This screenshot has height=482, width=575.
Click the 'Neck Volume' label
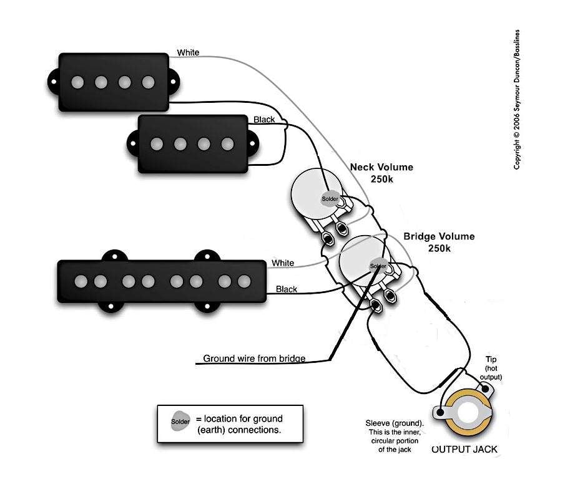[381, 167]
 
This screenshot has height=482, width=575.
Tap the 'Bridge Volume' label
[439, 236]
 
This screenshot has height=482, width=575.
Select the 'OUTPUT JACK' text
[464, 450]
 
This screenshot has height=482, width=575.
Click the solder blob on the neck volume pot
[330, 199]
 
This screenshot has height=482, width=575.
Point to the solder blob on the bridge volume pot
[378, 266]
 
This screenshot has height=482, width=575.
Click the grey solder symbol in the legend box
[180, 422]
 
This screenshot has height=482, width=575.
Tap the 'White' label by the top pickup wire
[188, 53]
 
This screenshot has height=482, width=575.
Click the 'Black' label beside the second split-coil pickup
[264, 120]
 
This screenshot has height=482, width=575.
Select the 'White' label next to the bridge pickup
[283, 263]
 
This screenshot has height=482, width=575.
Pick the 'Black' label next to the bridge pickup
[287, 289]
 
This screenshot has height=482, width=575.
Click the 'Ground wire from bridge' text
[254, 358]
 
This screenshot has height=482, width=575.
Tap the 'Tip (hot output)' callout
[491, 368]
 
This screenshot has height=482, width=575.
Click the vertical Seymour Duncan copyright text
[516, 99]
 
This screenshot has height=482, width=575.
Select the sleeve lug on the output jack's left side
[440, 413]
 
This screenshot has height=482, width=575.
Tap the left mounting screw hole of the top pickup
[54, 82]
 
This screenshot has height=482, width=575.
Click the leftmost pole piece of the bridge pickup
[81, 282]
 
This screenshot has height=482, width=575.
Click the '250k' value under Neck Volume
[381, 179]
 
